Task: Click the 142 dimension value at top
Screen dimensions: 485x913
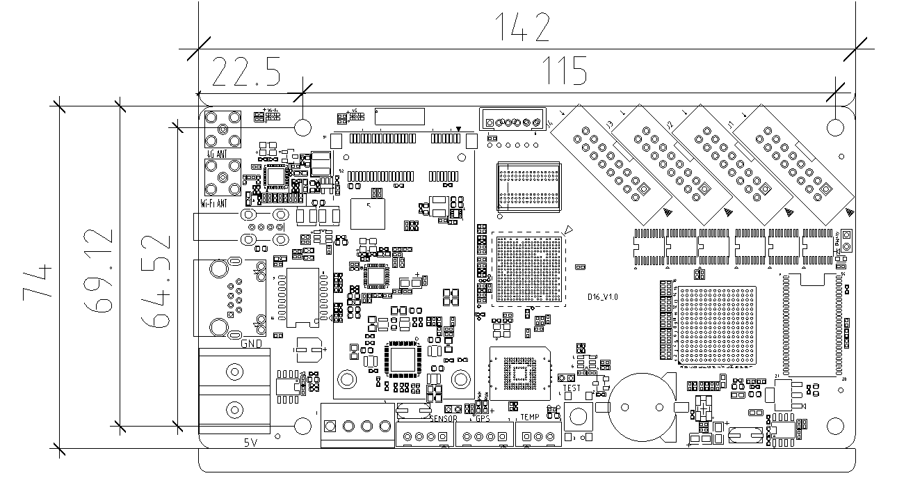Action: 526,27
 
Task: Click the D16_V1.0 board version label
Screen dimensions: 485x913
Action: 602,297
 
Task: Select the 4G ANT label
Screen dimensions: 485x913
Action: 216,154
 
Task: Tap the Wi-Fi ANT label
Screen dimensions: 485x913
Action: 213,204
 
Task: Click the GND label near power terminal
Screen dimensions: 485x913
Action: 251,344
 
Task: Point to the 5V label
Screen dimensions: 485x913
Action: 251,443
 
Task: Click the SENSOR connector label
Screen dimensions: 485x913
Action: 443,418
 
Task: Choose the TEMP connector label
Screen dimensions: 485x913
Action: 529,418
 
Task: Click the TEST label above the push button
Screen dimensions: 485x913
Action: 571,388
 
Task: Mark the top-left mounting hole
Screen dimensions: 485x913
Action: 303,127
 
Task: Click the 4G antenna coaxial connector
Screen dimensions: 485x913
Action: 223,129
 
